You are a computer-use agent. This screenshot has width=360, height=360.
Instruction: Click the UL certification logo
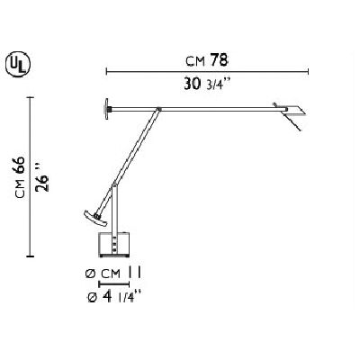(x=18, y=65)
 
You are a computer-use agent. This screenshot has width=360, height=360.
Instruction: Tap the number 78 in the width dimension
(x=220, y=60)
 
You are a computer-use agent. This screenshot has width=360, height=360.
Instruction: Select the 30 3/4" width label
(x=207, y=85)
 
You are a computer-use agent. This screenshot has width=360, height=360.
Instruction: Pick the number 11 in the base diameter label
(x=135, y=273)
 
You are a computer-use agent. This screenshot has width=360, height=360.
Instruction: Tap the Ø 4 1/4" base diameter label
(x=113, y=297)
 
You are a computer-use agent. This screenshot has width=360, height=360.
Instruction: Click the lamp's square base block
(x=113, y=244)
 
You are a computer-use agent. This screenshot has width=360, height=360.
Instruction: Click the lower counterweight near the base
(x=94, y=218)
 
